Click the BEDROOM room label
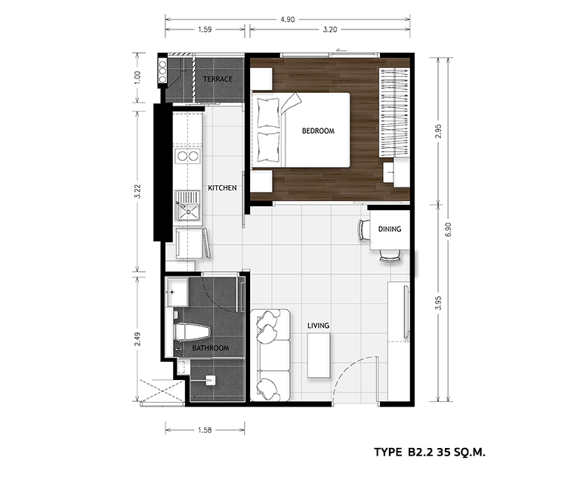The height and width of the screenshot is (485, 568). (x=318, y=131)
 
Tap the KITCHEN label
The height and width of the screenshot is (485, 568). (x=222, y=187)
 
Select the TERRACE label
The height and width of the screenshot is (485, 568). (x=218, y=79)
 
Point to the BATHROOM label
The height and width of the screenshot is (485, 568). (x=211, y=348)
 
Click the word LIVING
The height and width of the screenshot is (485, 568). (x=319, y=326)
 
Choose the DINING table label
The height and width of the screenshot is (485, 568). (x=390, y=229)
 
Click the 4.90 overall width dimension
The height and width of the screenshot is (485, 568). (x=287, y=20)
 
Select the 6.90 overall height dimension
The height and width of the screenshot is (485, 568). (x=449, y=229)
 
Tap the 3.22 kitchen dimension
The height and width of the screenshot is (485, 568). (x=137, y=191)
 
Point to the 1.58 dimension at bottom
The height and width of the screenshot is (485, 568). (x=205, y=430)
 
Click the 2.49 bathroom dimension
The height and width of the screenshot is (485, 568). (x=137, y=339)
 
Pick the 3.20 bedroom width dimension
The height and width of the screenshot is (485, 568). (x=329, y=29)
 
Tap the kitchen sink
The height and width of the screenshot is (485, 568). (x=187, y=205)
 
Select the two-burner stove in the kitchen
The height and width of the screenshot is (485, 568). (x=187, y=156)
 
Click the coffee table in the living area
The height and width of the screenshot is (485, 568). (x=319, y=356)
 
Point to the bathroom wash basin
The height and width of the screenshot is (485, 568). (x=177, y=292)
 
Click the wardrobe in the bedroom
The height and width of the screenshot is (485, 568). (x=394, y=113)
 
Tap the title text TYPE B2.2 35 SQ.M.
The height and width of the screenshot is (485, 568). (x=430, y=452)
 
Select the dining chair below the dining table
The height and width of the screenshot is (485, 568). (x=390, y=256)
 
